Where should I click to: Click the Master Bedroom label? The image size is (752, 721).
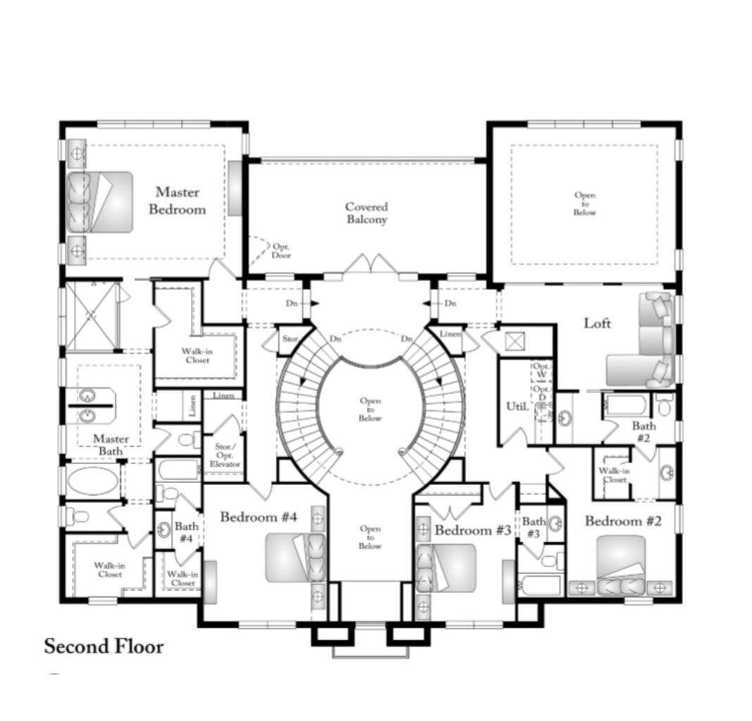pyautogui.click(x=181, y=201)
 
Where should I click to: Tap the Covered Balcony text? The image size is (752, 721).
pyautogui.click(x=366, y=213)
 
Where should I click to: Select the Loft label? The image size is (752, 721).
pyautogui.click(x=597, y=323)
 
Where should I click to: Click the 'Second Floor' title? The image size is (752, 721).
pyautogui.click(x=104, y=646)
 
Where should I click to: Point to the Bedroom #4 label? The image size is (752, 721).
pyautogui.click(x=258, y=518)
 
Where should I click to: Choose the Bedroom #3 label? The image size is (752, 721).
pyautogui.click(x=472, y=530)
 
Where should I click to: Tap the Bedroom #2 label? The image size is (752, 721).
pyautogui.click(x=624, y=522)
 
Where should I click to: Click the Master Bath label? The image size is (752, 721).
pyautogui.click(x=111, y=445)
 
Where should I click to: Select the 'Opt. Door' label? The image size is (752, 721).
pyautogui.click(x=282, y=251)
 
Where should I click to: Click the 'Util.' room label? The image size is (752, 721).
pyautogui.click(x=516, y=406)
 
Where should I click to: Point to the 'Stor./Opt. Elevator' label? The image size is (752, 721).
pyautogui.click(x=227, y=455)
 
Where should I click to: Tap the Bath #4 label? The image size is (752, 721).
pyautogui.click(x=186, y=532)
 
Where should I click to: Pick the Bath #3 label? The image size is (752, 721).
pyautogui.click(x=533, y=528)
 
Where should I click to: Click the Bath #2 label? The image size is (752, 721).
pyautogui.click(x=644, y=432)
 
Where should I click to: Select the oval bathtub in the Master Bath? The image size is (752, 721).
pyautogui.click(x=94, y=482)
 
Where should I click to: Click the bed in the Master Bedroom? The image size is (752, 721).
pyautogui.click(x=101, y=201)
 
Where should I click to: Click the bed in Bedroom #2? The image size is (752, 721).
pyautogui.click(x=620, y=563)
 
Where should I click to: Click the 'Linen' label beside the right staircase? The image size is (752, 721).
pyautogui.click(x=449, y=334)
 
